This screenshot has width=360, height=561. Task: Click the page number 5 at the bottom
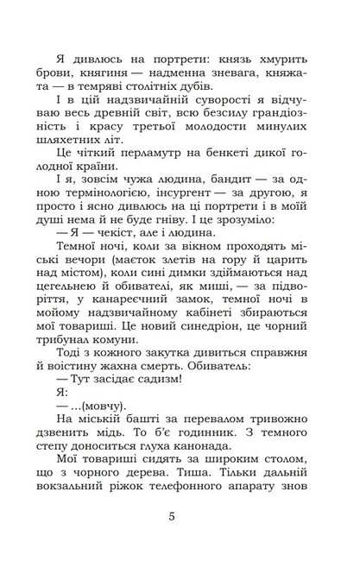[x=180, y=517]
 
